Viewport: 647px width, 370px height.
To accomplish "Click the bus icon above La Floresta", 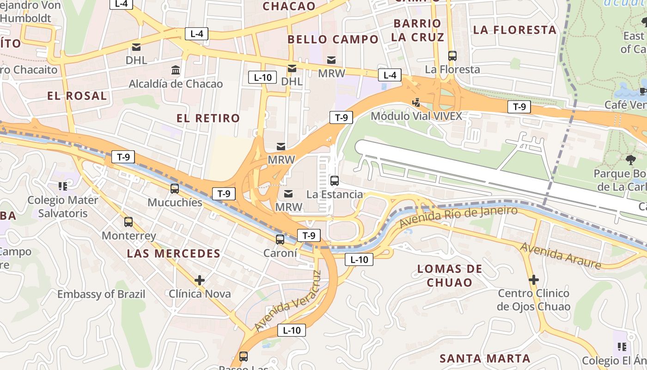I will tap(452, 56).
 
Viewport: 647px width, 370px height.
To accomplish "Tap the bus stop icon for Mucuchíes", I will tap(175, 189).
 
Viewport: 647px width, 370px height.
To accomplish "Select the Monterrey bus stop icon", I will tap(128, 222).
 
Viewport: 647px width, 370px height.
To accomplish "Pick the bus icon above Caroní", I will tap(280, 240).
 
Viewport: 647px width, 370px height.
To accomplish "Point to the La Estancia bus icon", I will tap(335, 181).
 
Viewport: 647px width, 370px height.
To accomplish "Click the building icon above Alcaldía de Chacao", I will tap(176, 70).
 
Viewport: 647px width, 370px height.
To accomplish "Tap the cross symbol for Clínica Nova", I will tap(200, 280).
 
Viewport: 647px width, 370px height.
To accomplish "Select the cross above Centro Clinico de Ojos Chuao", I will tap(534, 280).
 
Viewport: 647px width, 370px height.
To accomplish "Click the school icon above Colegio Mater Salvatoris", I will tap(63, 186).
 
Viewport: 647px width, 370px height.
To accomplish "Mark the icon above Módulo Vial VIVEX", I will tap(416, 103).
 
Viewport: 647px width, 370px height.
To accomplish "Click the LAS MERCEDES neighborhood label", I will tap(174, 253).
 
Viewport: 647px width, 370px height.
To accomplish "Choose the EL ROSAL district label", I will tap(77, 96).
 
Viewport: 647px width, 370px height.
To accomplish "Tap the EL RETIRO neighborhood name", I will tap(208, 118).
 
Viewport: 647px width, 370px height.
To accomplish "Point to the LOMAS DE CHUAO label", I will tap(450, 276).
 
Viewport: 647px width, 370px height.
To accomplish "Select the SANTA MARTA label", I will tap(485, 358).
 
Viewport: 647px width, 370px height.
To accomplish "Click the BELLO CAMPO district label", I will tap(333, 40).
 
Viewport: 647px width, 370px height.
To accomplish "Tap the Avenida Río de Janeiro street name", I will tap(458, 216).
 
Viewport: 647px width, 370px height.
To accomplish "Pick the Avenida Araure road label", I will tap(561, 255).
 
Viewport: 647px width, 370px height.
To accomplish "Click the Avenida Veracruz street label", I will tap(287, 301).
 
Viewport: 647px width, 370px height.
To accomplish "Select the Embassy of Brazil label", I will tap(101, 294).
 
